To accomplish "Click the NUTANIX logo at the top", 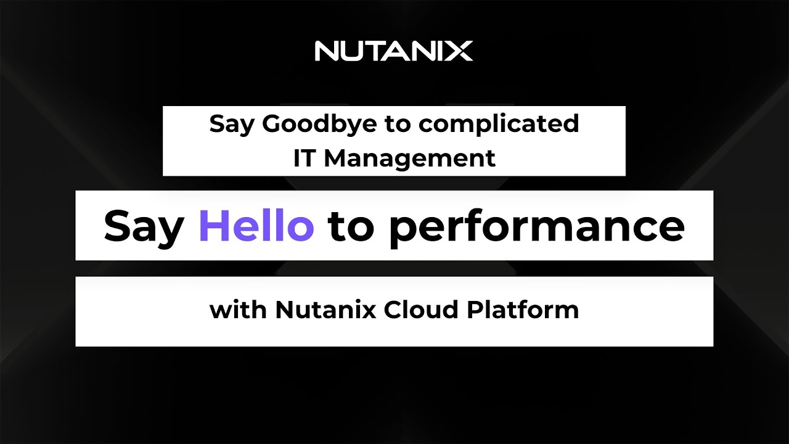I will tap(394, 51).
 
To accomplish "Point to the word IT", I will tap(305, 158).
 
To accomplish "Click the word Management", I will tap(410, 158).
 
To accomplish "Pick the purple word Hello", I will tap(256, 226).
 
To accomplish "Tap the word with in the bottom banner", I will tap(238, 310).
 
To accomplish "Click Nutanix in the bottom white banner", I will tap(325, 310).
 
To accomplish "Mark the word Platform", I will tap(523, 310).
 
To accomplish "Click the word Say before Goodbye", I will tap(232, 125).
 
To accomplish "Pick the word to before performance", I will tap(351, 226).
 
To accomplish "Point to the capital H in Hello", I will tap(213, 226).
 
